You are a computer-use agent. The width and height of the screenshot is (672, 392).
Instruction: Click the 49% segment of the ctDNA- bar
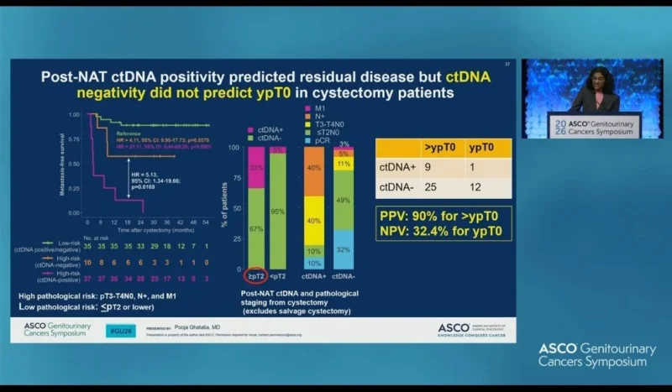click(x=342, y=200)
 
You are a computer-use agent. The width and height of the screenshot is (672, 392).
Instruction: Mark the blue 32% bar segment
click(x=342, y=249)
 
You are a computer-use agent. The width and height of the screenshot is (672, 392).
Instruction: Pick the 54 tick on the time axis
click(x=206, y=221)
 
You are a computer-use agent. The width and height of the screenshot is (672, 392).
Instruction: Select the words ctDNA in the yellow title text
click(x=467, y=76)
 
